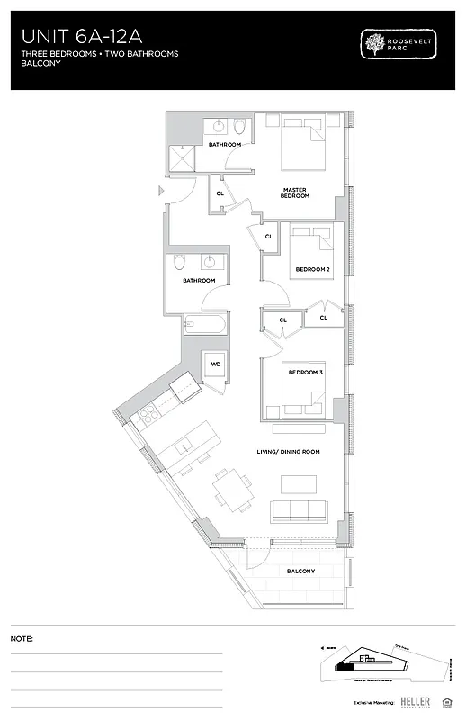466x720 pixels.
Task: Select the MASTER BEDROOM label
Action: (295, 193)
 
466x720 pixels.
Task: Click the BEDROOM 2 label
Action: (312, 269)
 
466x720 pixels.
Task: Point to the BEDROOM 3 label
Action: (305, 373)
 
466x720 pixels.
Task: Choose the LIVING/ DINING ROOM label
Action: (286, 451)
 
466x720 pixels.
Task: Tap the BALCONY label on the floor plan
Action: (300, 571)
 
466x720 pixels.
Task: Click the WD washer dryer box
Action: (216, 364)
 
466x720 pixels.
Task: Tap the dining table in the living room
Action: (232, 489)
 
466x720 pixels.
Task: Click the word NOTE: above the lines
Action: (22, 638)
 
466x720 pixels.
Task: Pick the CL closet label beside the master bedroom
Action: (220, 193)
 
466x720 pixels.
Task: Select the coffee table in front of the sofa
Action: (299, 484)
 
